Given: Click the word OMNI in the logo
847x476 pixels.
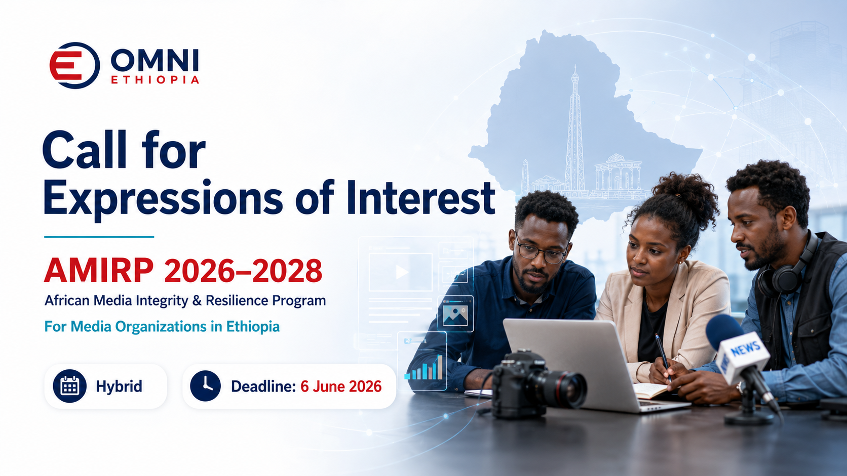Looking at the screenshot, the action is pyautogui.click(x=155, y=60).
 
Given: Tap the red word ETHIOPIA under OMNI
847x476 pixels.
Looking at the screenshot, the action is pyautogui.click(x=155, y=80).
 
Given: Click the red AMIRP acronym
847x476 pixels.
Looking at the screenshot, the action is pyautogui.click(x=99, y=271).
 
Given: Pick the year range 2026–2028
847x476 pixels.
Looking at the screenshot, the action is pyautogui.click(x=243, y=271).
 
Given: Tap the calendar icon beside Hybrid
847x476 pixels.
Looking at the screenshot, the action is pyautogui.click(x=69, y=386).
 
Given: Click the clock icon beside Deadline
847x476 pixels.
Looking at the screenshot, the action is pyautogui.click(x=205, y=386).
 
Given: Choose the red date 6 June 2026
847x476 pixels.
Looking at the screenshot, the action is pyautogui.click(x=341, y=386).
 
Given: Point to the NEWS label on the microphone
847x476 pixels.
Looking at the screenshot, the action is pyautogui.click(x=745, y=349).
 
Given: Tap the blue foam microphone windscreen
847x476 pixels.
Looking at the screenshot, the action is pyautogui.click(x=723, y=331).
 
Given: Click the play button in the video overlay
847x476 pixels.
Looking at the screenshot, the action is pyautogui.click(x=401, y=272).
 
